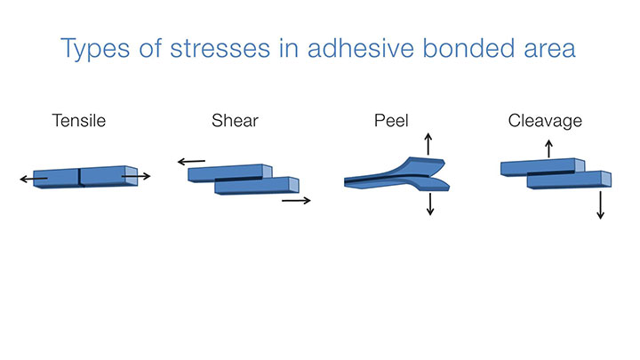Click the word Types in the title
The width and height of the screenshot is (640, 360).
tap(95, 49)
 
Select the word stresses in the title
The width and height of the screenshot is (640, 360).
tap(220, 49)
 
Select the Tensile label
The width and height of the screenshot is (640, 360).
tap(79, 121)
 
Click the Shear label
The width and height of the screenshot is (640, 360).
tap(235, 121)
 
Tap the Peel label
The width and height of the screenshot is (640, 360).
tap(391, 121)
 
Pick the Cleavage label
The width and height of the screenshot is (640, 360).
tap(545, 121)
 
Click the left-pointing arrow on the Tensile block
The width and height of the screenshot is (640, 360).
tap(34, 179)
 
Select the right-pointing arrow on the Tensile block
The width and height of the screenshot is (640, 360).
tap(136, 176)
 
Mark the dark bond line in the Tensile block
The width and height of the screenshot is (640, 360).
tap(79, 177)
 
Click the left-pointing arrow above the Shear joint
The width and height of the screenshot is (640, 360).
tap(191, 162)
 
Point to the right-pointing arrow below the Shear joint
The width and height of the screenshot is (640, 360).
tap(296, 200)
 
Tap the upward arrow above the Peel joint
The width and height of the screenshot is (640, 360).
tap(428, 144)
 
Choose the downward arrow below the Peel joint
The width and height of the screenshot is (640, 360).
tap(430, 204)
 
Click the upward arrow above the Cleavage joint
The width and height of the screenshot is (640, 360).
tap(549, 149)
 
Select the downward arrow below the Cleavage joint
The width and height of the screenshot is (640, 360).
tap(600, 205)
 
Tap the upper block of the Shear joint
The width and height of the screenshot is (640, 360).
tap(230, 172)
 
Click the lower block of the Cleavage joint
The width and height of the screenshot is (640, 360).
tap(569, 180)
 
